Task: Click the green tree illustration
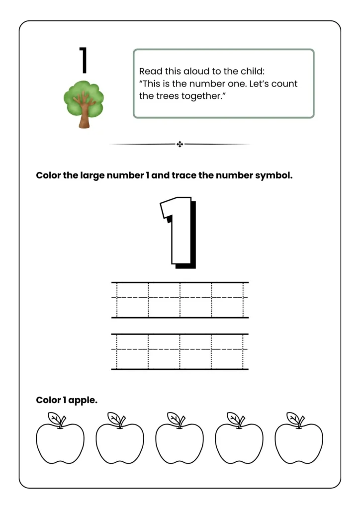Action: click(x=84, y=102)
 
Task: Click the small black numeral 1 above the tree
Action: click(x=84, y=60)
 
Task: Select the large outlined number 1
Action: click(x=177, y=232)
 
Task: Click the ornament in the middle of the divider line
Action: click(x=180, y=144)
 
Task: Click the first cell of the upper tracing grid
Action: click(x=132, y=300)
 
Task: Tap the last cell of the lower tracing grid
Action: click(x=227, y=351)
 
